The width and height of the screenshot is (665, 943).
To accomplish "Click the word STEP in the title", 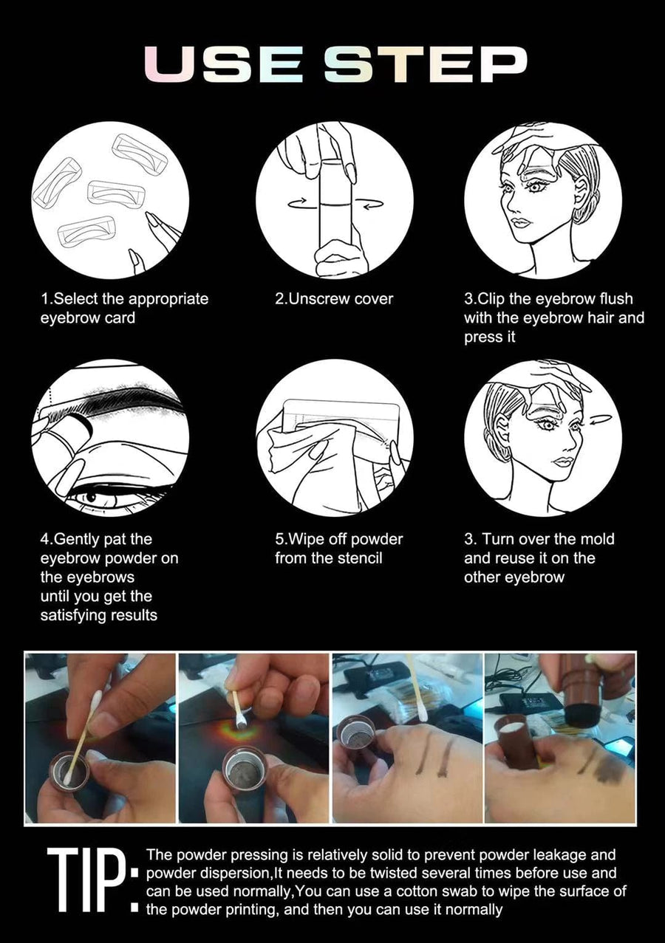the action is point(426,64).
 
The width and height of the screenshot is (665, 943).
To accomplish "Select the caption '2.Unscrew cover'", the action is point(334,299).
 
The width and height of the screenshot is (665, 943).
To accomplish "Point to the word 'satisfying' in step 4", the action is point(72,616).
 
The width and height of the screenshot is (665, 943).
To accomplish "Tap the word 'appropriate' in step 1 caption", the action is point(168,300).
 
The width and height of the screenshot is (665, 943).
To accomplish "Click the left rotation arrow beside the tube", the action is point(303,205).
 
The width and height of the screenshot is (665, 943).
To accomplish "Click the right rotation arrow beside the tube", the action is point(368,205).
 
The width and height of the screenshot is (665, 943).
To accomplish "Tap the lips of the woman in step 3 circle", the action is point(523,222).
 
